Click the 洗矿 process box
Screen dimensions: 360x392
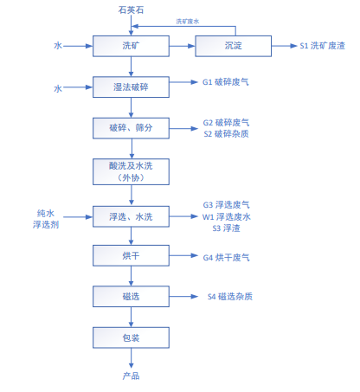131,46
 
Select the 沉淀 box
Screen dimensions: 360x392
234,46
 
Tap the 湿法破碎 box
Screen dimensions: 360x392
131,87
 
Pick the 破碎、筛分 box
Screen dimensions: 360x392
131,128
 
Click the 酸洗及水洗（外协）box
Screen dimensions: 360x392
131,171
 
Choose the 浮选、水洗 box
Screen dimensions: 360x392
131,216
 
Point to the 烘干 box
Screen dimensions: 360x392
131,255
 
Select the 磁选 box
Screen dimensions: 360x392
131,296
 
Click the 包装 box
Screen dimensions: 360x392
131,337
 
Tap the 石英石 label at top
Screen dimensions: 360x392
131,10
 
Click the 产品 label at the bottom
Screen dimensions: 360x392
131,376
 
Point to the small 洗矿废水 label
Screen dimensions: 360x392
188,22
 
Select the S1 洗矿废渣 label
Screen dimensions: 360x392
322,46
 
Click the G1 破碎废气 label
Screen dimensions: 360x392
226,82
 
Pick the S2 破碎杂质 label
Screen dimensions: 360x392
226,134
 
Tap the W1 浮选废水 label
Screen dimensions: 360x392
227,217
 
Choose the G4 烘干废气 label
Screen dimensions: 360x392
226,258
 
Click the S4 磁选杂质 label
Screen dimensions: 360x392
230,297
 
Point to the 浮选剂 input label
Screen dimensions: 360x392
46,224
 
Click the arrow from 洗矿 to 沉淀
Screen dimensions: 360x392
183,46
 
